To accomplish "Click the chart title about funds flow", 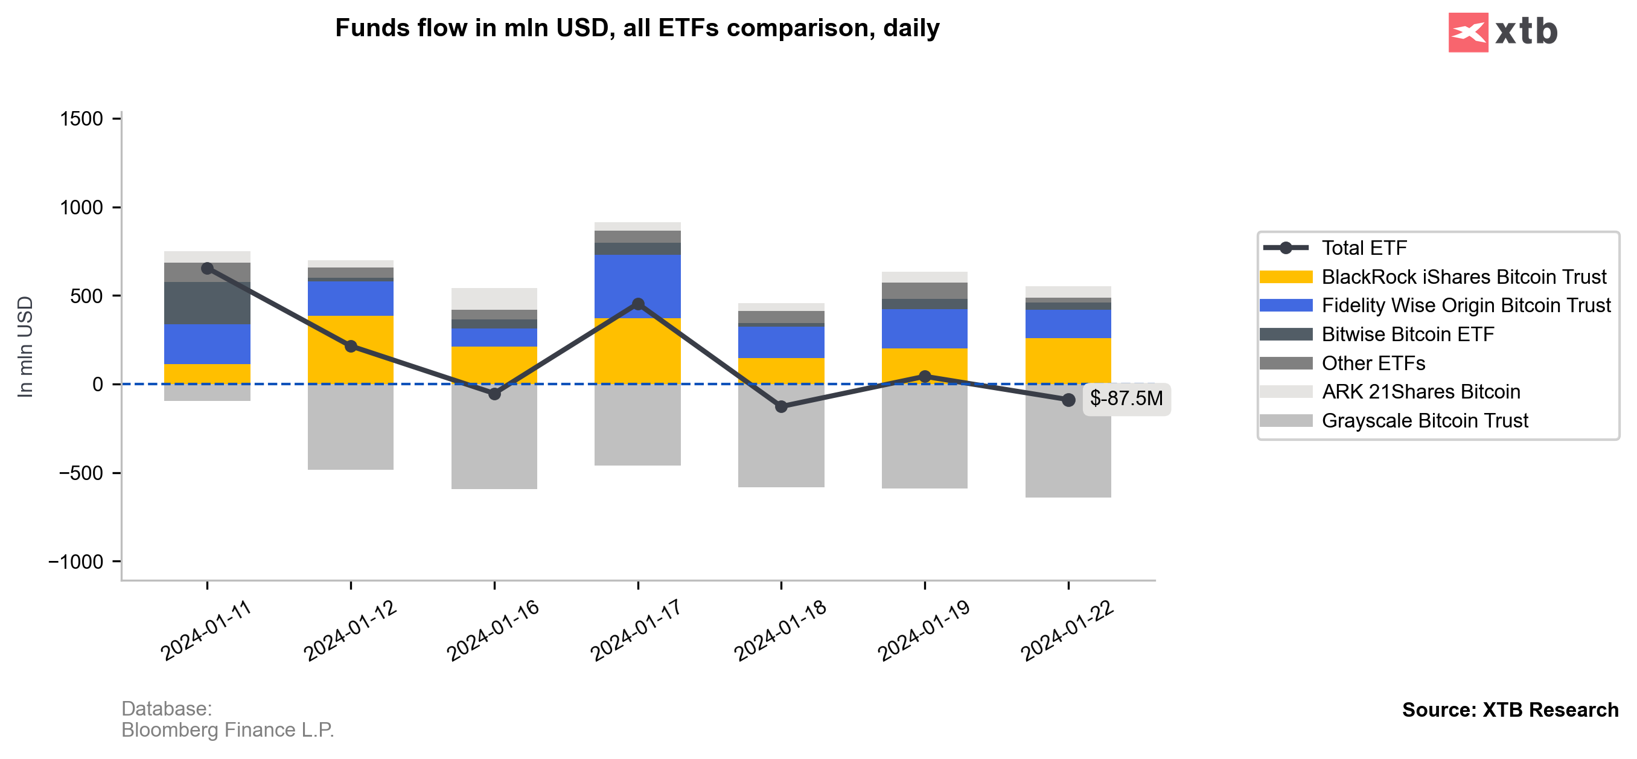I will click(x=637, y=28).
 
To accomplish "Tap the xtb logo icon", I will click(x=1467, y=33).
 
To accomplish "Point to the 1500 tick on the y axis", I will click(x=81, y=120).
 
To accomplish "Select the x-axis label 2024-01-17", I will click(x=636, y=629).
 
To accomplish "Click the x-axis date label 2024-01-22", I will click(x=1067, y=629).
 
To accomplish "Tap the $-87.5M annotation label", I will click(x=1126, y=399).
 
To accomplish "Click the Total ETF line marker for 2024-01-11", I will click(x=207, y=269).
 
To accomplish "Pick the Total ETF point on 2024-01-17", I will click(x=638, y=304).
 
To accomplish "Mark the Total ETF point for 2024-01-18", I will click(x=782, y=406).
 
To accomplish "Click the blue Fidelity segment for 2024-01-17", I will click(x=638, y=286).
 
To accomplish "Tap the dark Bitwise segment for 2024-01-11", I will click(x=207, y=303).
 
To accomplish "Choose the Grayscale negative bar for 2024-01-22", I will click(x=1068, y=451).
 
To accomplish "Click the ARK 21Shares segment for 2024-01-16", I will click(x=494, y=299).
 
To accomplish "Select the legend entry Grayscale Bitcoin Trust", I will click(x=1424, y=421).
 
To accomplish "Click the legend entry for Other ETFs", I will click(x=1373, y=363).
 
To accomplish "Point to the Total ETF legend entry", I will click(x=1364, y=248).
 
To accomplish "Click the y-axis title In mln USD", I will click(x=25, y=347).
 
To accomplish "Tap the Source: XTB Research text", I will click(x=1510, y=709).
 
